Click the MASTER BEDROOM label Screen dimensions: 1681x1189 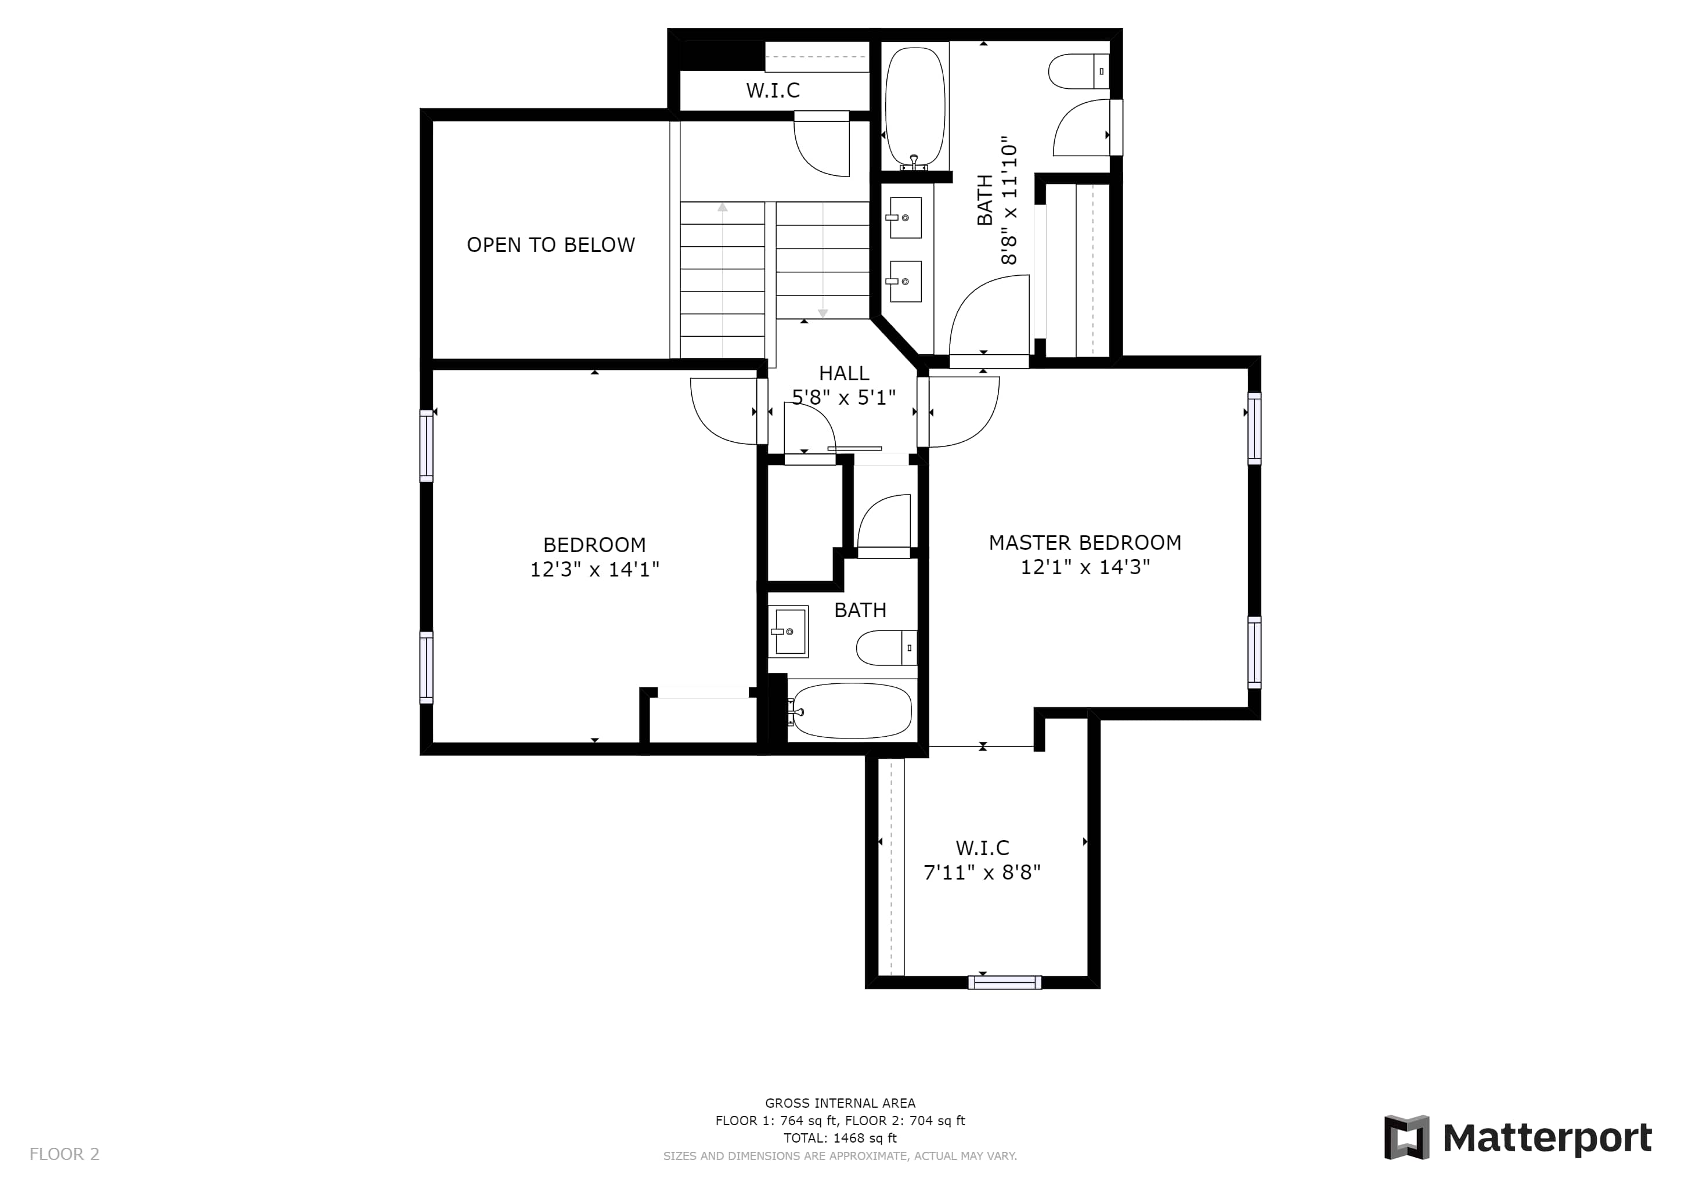(x=1085, y=542)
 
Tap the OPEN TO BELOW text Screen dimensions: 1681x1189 (x=551, y=244)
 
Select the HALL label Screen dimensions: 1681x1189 (x=843, y=373)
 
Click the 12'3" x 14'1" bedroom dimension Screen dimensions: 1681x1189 (x=594, y=569)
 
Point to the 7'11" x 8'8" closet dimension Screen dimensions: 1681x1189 (x=982, y=872)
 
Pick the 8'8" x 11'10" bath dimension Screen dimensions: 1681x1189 (x=1009, y=200)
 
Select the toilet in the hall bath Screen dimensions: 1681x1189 (x=886, y=648)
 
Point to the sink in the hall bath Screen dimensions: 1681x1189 (x=788, y=631)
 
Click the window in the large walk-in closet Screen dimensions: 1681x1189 (x=1005, y=982)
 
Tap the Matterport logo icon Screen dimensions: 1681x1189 (x=1406, y=1137)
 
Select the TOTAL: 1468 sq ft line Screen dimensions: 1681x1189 (x=840, y=1138)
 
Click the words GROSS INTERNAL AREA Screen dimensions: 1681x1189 (x=840, y=1102)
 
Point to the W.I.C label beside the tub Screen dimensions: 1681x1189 (x=773, y=90)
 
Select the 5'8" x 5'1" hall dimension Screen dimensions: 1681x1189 (x=843, y=398)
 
